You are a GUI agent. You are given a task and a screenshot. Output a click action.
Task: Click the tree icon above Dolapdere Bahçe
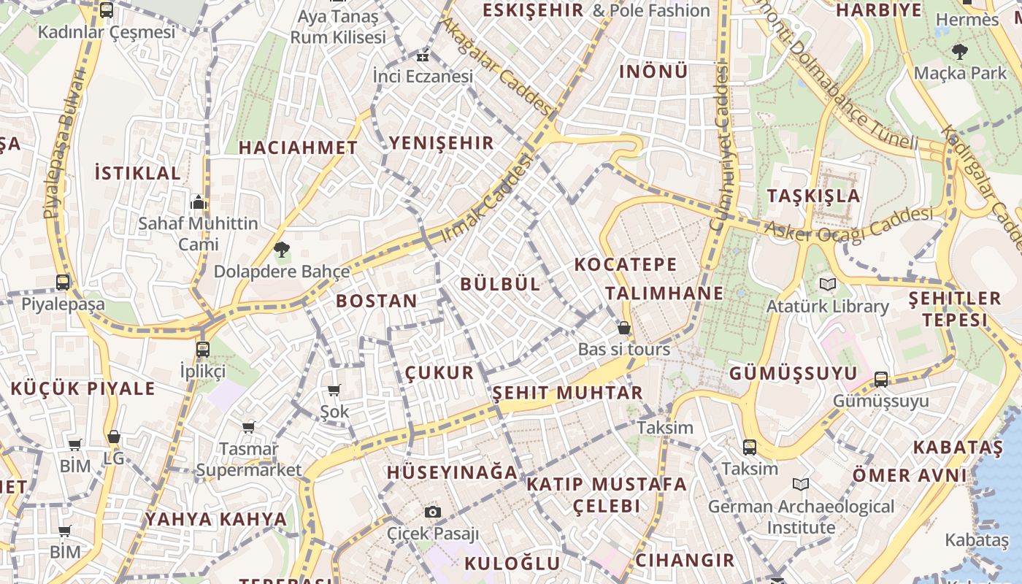(282, 250)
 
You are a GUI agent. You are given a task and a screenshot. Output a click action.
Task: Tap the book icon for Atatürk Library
(827, 284)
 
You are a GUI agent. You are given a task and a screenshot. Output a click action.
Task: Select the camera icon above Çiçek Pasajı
(433, 512)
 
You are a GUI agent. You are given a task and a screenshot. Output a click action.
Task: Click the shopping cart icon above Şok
(334, 390)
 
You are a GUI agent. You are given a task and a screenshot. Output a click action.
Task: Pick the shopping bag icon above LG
(113, 437)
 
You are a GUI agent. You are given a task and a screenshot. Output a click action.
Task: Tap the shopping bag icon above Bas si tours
(623, 328)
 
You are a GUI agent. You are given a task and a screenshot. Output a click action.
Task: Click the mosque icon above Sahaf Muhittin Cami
(199, 202)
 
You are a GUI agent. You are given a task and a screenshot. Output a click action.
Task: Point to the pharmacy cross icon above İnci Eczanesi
(423, 55)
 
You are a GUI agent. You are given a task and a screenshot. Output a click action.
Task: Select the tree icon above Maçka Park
(959, 51)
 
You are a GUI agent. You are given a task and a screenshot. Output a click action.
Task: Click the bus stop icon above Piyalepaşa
(63, 282)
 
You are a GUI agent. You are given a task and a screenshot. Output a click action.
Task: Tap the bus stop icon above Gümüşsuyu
(881, 379)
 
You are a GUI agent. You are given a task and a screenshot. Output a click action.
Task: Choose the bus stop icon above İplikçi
(203, 349)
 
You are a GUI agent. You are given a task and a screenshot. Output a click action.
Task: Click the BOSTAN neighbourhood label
(377, 301)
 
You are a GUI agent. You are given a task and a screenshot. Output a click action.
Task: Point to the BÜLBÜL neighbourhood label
(501, 284)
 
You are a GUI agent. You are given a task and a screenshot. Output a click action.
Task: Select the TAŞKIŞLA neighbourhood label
(814, 196)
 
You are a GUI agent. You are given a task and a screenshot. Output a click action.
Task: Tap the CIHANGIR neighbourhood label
(685, 560)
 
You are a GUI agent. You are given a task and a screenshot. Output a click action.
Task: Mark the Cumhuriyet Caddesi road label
(721, 146)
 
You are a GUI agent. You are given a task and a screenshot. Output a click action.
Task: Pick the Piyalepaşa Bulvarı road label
(64, 145)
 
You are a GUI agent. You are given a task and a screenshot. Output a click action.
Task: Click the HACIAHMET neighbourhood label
(299, 147)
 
